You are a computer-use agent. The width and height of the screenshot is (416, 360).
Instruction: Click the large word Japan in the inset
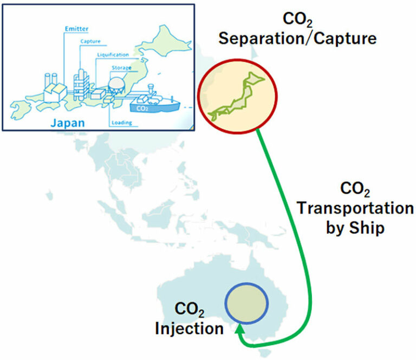pos(67,123)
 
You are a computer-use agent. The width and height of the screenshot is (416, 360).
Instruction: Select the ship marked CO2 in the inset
pos(154,101)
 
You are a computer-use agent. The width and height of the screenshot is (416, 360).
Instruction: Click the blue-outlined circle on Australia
pos(246,302)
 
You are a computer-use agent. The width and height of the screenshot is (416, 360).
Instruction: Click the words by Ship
pos(355,228)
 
